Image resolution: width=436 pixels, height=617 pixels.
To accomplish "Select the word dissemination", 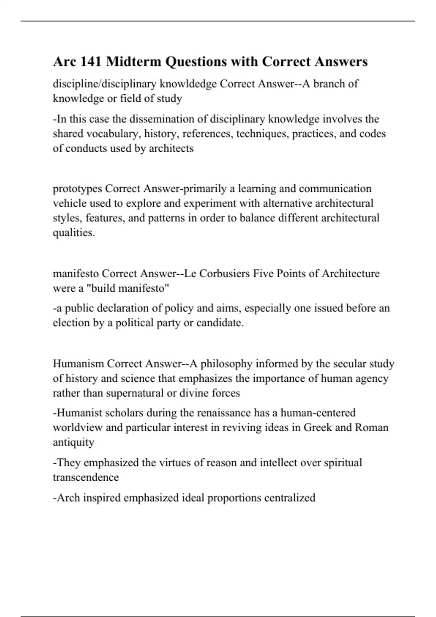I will pyautogui.click(x=162, y=119).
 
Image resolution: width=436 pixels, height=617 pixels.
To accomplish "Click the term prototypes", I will pyautogui.click(x=77, y=189).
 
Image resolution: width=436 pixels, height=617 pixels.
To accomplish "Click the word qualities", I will pyautogui.click(x=74, y=233).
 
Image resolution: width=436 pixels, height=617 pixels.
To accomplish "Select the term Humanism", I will pyautogui.click(x=78, y=364).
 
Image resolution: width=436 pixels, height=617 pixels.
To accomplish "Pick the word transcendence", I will pyautogui.click(x=86, y=477).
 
